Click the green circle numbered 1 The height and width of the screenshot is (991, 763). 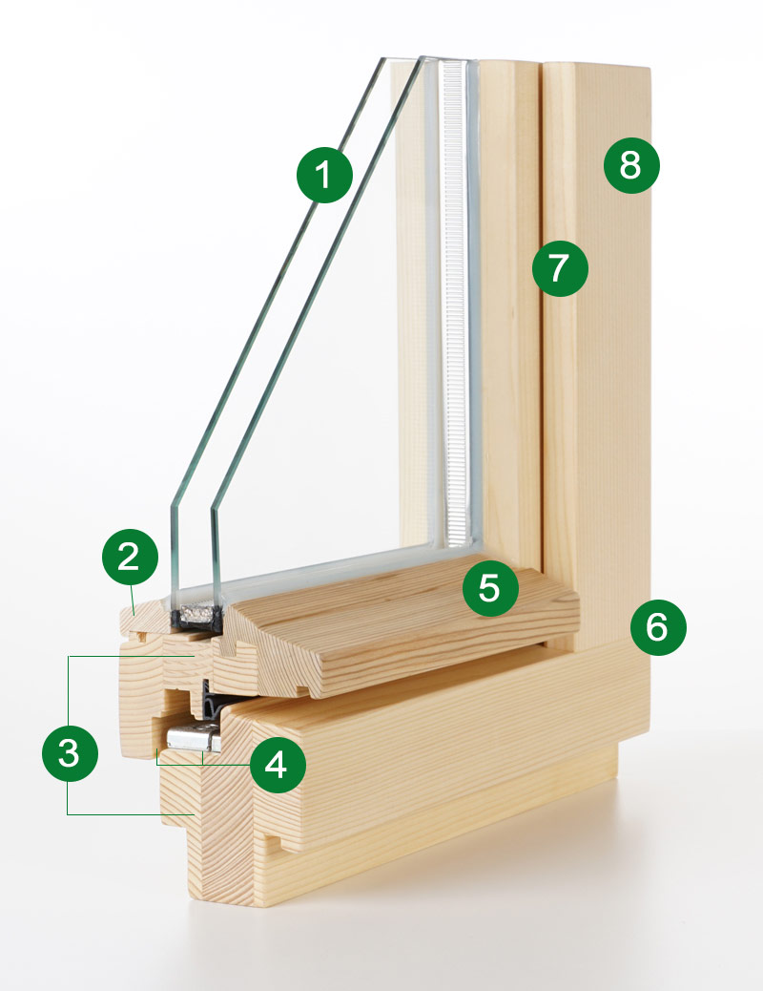click(325, 176)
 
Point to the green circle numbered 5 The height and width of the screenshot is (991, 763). click(489, 588)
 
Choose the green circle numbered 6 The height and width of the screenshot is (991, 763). click(657, 627)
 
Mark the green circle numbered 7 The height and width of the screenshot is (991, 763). click(560, 267)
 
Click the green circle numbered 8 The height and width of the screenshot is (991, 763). click(630, 166)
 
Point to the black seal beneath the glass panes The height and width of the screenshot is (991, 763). click(196, 620)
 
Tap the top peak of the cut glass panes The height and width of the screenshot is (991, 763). click(401, 59)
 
